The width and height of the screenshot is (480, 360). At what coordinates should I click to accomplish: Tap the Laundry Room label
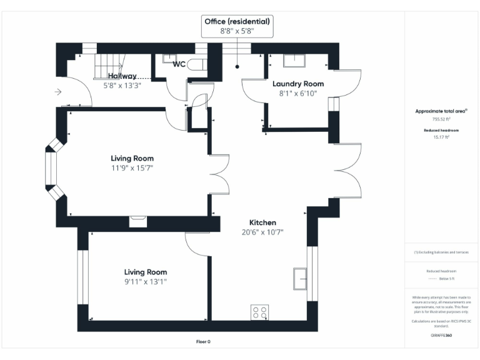(x=297, y=84)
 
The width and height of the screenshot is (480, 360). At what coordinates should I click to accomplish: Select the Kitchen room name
(x=262, y=222)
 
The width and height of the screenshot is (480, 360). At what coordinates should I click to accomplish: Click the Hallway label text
(x=122, y=75)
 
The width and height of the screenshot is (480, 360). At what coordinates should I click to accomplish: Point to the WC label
(x=179, y=64)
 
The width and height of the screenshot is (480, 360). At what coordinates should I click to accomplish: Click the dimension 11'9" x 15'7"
(x=132, y=167)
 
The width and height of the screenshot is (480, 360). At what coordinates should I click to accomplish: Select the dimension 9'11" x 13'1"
(x=145, y=281)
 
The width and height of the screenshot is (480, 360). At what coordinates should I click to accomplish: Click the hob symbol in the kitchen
(x=259, y=312)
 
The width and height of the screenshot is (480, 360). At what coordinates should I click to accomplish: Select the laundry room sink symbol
(x=294, y=61)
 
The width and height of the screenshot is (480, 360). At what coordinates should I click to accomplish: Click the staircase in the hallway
(x=109, y=65)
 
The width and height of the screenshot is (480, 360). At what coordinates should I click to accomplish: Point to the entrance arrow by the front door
(x=58, y=92)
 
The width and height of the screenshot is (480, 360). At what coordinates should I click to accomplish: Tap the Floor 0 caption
(x=204, y=341)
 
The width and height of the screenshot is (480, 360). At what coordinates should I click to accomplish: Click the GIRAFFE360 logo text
(x=441, y=336)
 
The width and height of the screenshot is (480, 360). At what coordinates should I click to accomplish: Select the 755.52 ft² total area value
(x=441, y=118)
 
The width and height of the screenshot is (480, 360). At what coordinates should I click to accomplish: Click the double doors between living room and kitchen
(x=216, y=172)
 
